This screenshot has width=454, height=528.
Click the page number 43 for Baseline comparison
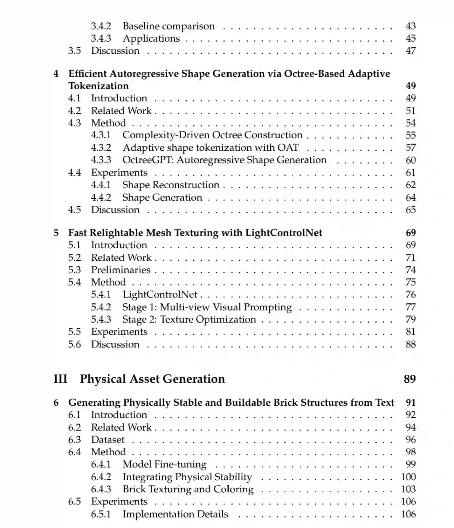410,26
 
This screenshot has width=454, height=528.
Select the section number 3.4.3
101,38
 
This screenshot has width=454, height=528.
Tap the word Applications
151,38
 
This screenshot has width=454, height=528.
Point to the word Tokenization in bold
98,86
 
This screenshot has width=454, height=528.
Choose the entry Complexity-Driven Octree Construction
212,135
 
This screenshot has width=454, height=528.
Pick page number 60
410,160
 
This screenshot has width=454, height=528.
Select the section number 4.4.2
101,197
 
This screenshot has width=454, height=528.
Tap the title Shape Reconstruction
171,185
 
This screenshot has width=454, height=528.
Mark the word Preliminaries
121,270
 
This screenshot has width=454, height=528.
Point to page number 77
410,307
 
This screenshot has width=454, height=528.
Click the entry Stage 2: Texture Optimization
189,319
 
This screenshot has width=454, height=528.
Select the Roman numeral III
61,379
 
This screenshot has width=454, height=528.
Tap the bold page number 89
409,379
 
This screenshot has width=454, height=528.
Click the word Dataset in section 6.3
108,440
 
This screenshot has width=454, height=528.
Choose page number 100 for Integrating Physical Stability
408,477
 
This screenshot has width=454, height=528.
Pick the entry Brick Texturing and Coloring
188,489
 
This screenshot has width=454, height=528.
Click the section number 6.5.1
101,514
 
